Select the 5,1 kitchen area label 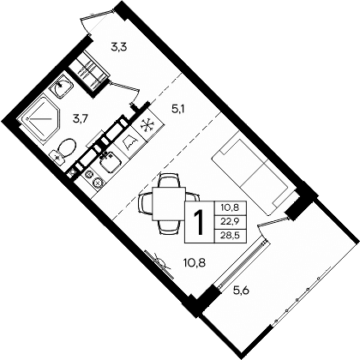(x=178, y=109)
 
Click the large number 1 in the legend (x=199, y=221)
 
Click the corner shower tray (x=39, y=120)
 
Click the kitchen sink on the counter (x=112, y=158)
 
